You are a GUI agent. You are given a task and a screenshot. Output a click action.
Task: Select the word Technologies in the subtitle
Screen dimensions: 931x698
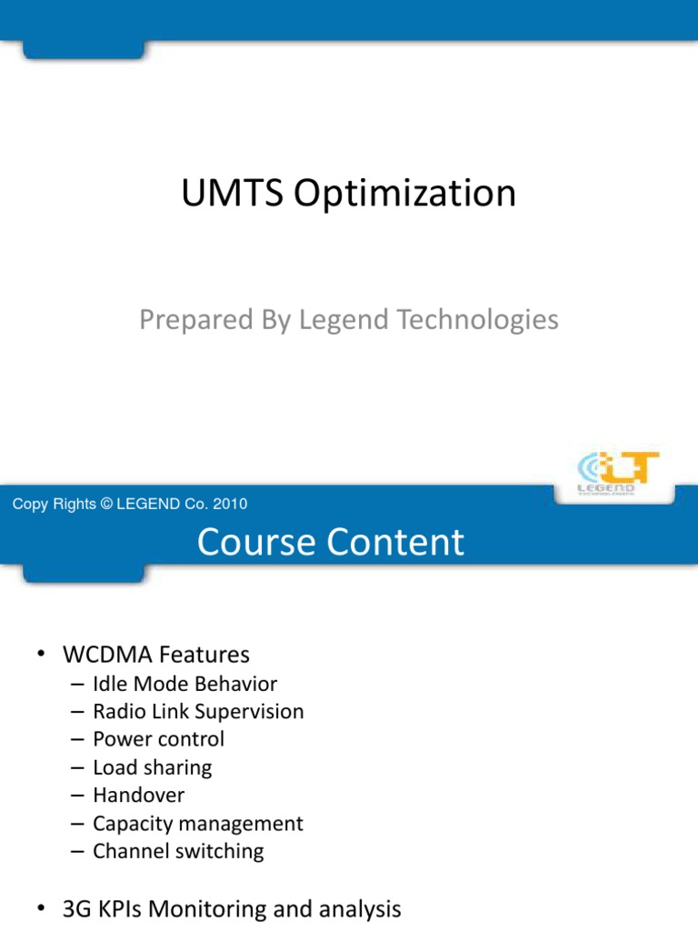tap(477, 321)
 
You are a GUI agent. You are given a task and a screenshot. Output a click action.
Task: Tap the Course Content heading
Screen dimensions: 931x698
tap(331, 543)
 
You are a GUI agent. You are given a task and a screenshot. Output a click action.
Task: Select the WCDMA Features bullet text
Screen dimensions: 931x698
tap(155, 655)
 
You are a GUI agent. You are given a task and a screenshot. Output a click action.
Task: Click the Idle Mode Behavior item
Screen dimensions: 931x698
tap(184, 684)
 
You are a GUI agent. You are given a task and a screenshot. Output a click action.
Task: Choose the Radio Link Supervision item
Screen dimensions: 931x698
tap(198, 712)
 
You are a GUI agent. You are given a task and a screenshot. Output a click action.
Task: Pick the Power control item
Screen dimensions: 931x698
tap(158, 740)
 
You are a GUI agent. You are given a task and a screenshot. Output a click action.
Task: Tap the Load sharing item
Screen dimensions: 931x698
tap(152, 768)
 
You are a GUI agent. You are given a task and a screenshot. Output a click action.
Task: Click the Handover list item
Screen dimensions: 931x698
tap(138, 796)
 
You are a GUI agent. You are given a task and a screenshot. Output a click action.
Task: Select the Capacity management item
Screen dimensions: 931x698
tap(197, 825)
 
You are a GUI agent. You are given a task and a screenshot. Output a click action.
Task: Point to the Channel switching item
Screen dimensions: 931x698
tap(178, 853)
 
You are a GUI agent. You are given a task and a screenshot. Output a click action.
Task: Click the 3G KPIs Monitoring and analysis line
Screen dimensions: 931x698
tap(231, 908)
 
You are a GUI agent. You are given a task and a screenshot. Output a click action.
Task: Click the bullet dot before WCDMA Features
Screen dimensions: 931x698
tap(41, 656)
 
